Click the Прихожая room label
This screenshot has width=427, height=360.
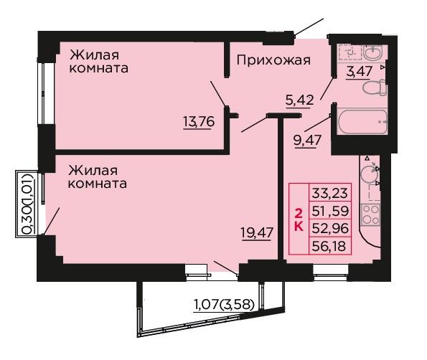[x=273, y=60]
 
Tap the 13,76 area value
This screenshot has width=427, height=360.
[x=199, y=121]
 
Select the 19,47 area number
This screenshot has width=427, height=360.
[x=256, y=232]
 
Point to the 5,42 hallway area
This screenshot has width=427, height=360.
[x=299, y=100]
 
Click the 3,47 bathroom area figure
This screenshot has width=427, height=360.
[x=359, y=72]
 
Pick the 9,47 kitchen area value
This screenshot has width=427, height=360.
[x=307, y=141]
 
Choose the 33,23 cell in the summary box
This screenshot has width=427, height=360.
[x=330, y=193]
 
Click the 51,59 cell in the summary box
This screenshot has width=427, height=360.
[x=330, y=211]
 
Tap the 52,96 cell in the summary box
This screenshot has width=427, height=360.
[x=330, y=228]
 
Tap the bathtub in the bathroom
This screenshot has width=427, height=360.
[x=362, y=122]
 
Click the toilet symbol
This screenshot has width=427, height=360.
[x=375, y=87]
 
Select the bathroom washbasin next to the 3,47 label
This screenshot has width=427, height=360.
[x=373, y=52]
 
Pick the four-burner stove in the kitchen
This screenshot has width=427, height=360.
[x=370, y=215]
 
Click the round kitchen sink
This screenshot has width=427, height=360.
[x=370, y=173]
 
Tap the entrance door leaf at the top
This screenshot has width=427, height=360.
[x=309, y=27]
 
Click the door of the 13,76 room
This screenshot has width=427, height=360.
[x=218, y=94]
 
